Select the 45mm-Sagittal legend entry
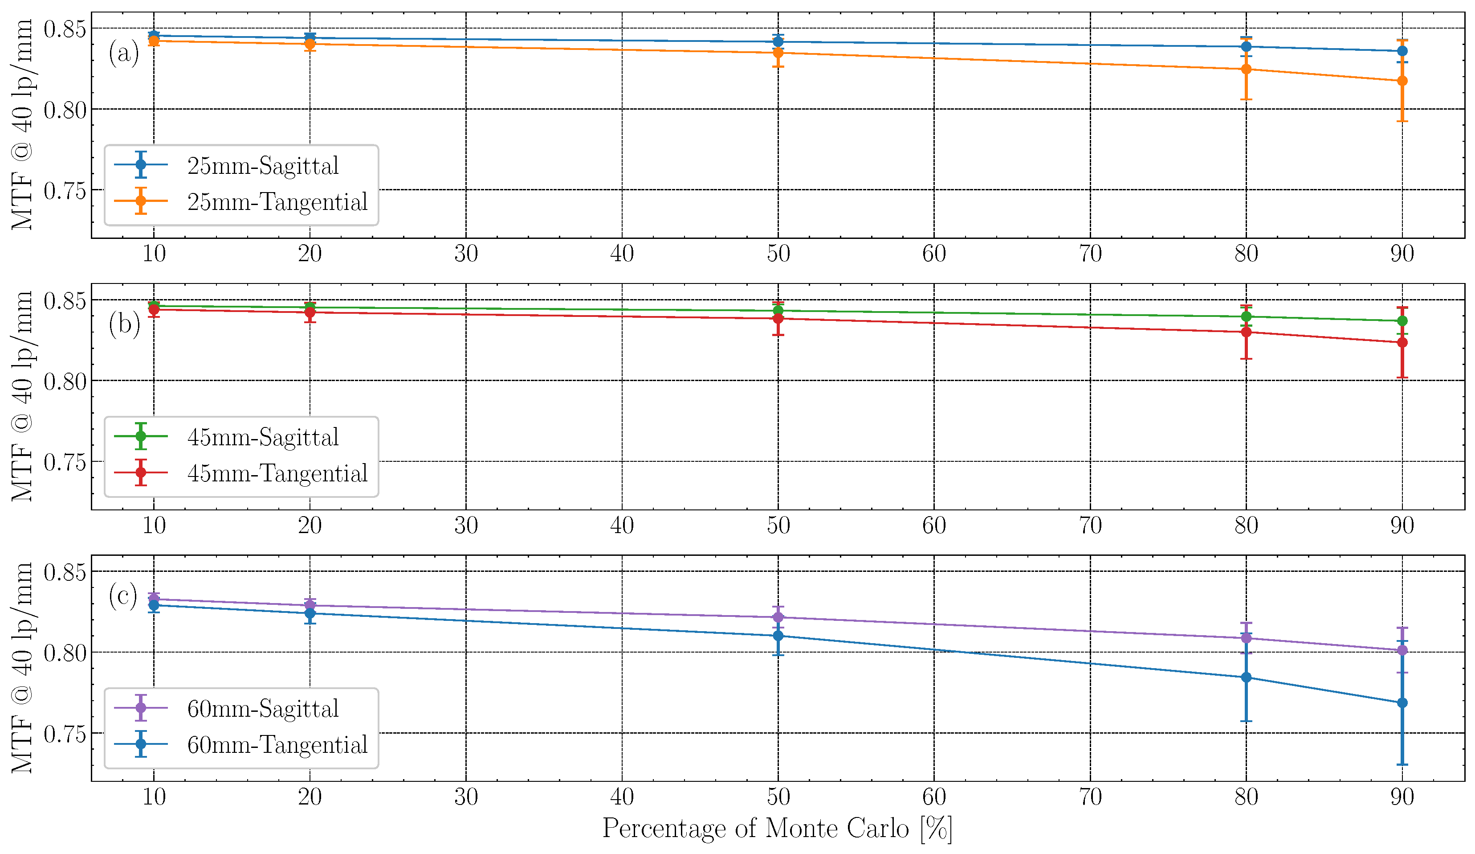[262, 437]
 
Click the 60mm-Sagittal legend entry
[262, 708]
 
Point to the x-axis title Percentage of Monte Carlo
[777, 828]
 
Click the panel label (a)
[123, 53]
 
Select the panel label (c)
[123, 595]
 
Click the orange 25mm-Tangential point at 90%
[1402, 81]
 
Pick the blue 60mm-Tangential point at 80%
[1246, 677]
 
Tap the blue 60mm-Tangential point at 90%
[1402, 703]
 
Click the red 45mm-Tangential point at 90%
[1402, 343]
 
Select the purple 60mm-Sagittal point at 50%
[778, 617]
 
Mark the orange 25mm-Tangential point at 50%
[778, 53]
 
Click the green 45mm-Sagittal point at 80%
[1246, 317]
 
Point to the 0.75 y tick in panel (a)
[65, 190]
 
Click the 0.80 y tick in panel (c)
[65, 653]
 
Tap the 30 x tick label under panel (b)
[466, 526]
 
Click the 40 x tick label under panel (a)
[622, 254]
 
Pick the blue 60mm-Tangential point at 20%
[310, 613]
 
